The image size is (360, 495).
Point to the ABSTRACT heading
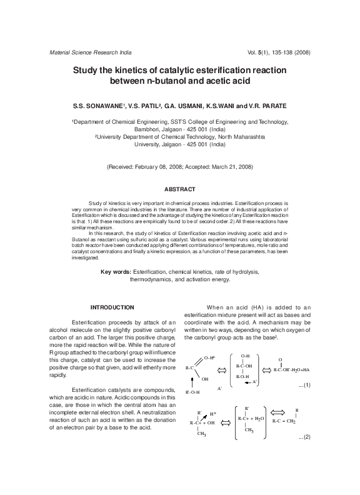coord(180,189)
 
